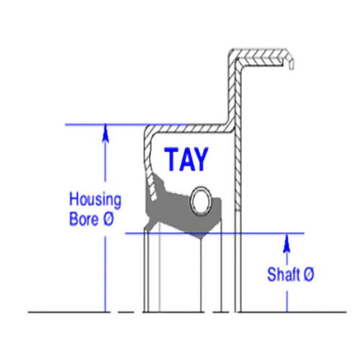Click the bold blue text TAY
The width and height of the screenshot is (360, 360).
pyautogui.click(x=186, y=159)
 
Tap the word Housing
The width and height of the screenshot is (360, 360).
pyautogui.click(x=95, y=199)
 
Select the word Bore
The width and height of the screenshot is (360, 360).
pyautogui.click(x=84, y=219)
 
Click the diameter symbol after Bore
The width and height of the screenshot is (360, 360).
pyautogui.click(x=109, y=219)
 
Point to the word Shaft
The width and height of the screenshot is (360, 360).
pyautogui.click(x=284, y=274)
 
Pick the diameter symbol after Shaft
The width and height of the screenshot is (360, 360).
pyautogui.click(x=308, y=274)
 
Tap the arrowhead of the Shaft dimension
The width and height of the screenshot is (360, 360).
pyautogui.click(x=287, y=243)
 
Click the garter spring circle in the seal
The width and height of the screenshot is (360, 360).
pyautogui.click(x=202, y=200)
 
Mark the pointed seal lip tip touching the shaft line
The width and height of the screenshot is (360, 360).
pyautogui.click(x=201, y=238)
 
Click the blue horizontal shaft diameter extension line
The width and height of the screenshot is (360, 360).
pyautogui.click(x=215, y=233)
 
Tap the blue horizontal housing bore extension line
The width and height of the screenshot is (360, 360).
pyautogui.click(x=126, y=125)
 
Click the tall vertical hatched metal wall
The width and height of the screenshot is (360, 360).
pyautogui.click(x=235, y=130)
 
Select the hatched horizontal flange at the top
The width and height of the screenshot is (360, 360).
pyautogui.click(x=261, y=57)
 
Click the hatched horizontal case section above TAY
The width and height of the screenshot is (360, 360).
pyautogui.click(x=189, y=128)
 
